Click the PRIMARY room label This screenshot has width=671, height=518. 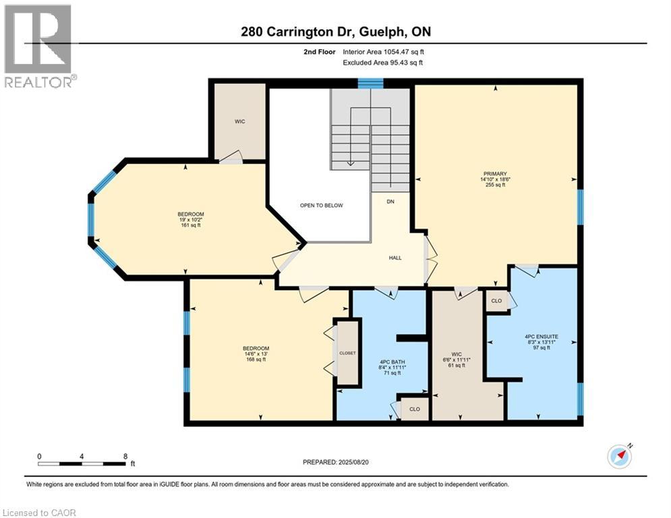496,174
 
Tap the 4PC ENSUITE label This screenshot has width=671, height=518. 542,337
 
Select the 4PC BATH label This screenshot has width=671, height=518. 392,362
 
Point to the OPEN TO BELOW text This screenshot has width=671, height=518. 322,206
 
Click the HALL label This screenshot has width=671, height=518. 395,258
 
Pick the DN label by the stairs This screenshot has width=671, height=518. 390,201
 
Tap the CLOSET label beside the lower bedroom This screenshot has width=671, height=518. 347,353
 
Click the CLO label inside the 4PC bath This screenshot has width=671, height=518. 415,409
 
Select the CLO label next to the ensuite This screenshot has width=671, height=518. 496,301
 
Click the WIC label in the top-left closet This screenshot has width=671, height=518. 239,121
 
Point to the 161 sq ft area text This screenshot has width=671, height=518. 191,225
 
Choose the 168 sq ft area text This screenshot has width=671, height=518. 256,359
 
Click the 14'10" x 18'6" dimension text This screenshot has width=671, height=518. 496,179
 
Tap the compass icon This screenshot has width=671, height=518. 620,457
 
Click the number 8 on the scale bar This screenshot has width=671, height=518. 125,457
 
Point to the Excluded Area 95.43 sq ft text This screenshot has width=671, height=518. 383,63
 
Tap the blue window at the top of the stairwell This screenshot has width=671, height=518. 371,83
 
